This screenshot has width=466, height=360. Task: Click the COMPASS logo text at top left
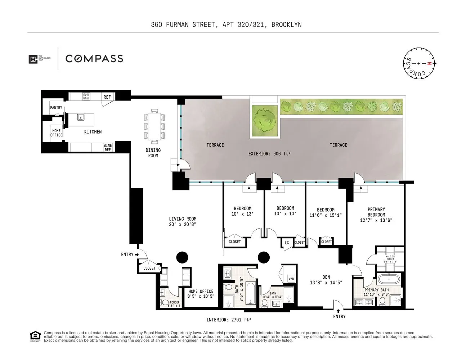94,59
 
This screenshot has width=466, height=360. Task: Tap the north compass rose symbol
419,63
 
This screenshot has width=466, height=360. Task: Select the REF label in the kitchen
107,97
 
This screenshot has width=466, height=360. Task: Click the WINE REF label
108,148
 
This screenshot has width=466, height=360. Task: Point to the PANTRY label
56,108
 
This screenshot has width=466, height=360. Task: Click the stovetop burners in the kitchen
86,96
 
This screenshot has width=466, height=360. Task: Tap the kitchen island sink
81,117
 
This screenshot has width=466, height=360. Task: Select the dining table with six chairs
154,126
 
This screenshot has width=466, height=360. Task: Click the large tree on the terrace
265,121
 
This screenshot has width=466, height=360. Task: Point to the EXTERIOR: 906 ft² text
269,154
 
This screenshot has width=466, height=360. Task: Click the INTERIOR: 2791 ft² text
229,320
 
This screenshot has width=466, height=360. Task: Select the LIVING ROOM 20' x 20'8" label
183,221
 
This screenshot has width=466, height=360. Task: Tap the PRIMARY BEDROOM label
376,215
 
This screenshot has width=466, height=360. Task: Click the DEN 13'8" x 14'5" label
326,280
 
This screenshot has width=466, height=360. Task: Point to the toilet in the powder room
165,302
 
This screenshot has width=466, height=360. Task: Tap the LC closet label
287,243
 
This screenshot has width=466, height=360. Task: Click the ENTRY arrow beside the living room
137,255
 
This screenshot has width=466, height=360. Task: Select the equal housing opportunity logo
35,336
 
